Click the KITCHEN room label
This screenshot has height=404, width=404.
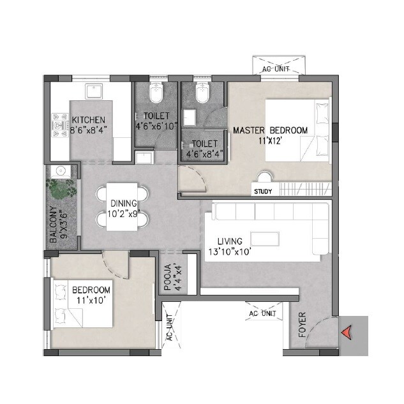(x=89, y=120)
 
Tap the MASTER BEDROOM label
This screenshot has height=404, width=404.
(x=269, y=130)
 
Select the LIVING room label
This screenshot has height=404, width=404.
(x=230, y=241)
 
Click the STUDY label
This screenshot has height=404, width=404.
(x=262, y=191)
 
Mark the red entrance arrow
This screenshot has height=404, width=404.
(x=347, y=332)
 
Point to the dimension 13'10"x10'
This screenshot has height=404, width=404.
(x=230, y=251)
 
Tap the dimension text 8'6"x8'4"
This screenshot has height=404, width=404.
(x=89, y=130)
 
